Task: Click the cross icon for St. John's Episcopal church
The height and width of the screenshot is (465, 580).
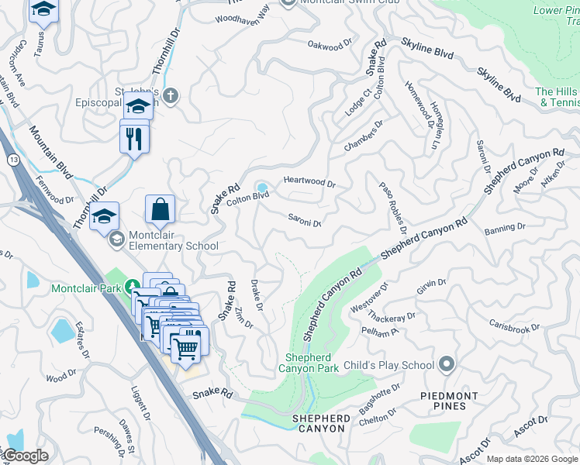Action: tap(171, 96)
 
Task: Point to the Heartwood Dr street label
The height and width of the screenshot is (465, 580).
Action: tap(309, 183)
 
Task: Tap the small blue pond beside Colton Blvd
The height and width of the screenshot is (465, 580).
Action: tap(263, 187)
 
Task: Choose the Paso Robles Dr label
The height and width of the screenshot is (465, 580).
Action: tap(392, 207)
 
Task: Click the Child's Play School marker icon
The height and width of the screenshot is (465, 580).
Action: tap(446, 363)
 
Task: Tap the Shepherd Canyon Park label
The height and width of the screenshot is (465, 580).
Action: tap(311, 363)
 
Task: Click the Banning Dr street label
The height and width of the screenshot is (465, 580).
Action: tap(504, 229)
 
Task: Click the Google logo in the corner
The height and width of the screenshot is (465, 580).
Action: tap(25, 456)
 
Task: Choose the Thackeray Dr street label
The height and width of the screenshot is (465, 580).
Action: tap(392, 317)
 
